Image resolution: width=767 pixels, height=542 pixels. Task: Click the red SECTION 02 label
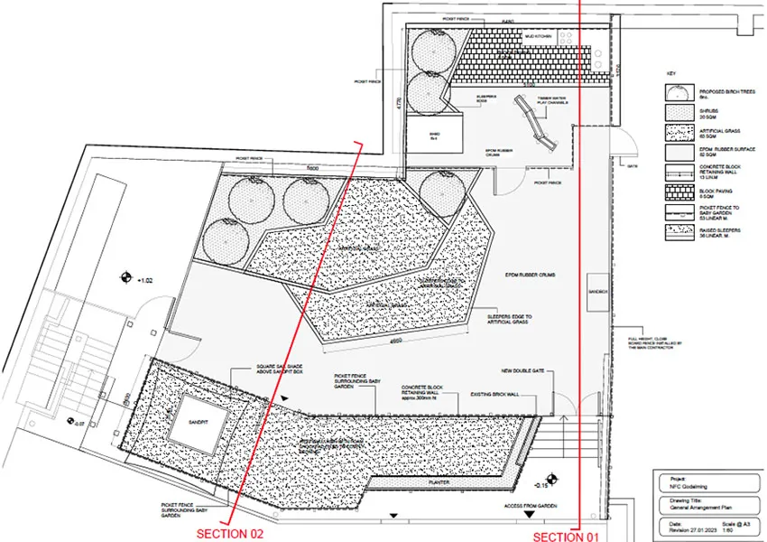pyautogui.click(x=230, y=533)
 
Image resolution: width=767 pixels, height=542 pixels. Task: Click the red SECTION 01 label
pyautogui.click(x=566, y=537)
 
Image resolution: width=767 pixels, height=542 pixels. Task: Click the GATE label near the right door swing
pyautogui.click(x=633, y=166)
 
